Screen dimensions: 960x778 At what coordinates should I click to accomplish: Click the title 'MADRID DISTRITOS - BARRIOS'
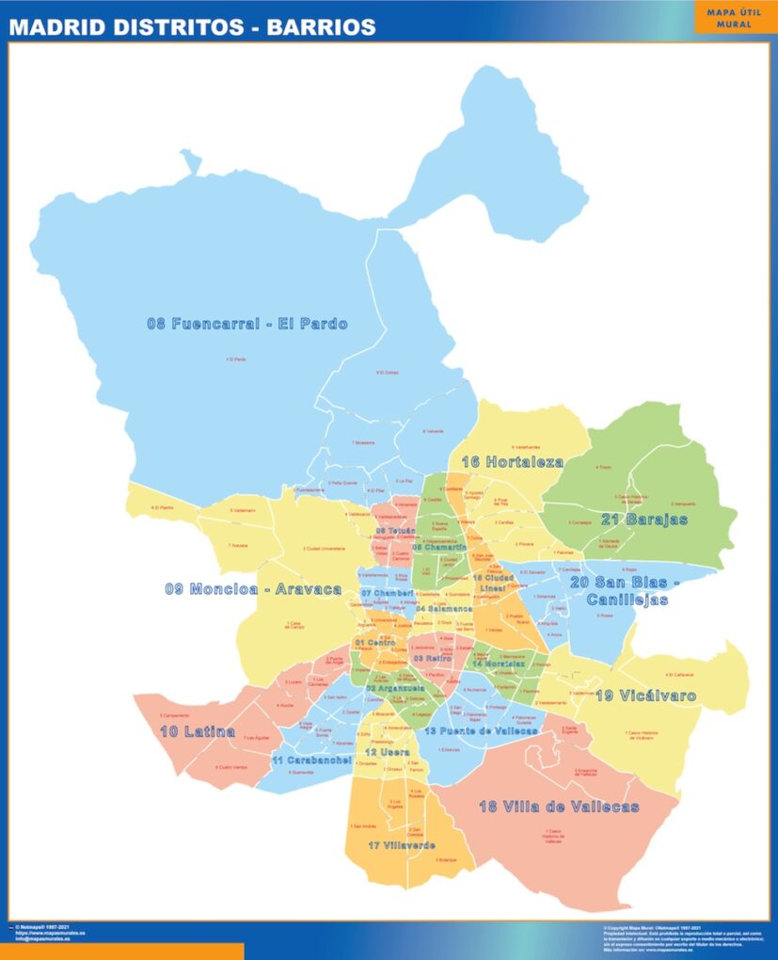(x=192, y=27)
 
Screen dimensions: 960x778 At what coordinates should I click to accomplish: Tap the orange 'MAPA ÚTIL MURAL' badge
(x=735, y=18)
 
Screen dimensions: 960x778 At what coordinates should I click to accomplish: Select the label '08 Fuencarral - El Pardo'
(x=246, y=324)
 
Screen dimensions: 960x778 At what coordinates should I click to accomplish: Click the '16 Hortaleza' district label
(x=512, y=461)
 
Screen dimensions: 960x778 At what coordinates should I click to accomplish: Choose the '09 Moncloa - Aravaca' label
(x=253, y=589)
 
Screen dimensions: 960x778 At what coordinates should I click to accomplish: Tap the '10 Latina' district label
(x=197, y=730)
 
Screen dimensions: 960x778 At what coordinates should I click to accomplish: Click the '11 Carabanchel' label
(x=312, y=760)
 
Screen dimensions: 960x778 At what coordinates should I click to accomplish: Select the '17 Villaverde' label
(x=402, y=845)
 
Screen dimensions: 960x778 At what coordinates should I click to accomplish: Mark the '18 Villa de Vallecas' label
(x=559, y=807)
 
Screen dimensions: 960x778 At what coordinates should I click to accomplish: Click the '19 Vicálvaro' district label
(x=645, y=696)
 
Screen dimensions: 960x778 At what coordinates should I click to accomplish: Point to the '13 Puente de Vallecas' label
(x=481, y=730)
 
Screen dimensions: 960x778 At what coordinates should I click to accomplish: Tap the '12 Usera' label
(x=387, y=753)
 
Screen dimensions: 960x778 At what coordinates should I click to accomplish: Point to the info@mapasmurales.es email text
(x=42, y=938)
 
